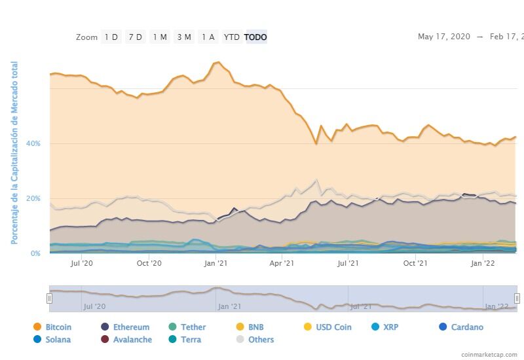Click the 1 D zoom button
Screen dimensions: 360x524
tap(111, 37)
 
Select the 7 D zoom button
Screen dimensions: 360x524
tap(135, 37)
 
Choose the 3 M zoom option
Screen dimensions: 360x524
tap(184, 37)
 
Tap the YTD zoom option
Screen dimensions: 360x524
tap(231, 37)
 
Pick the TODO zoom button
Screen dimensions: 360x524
tap(255, 37)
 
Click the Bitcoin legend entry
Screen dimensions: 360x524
tap(58, 327)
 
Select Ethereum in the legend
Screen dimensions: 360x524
tap(130, 327)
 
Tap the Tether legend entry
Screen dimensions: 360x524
tap(193, 327)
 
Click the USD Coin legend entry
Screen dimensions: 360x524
tap(333, 327)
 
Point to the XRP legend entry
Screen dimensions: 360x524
tap(390, 327)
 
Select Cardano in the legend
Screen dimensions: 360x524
tap(466, 327)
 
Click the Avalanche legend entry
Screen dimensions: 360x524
tap(132, 340)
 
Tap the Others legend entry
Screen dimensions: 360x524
tap(260, 340)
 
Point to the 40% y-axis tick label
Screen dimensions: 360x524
tap(33, 143)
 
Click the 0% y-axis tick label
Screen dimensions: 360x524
tap(35, 253)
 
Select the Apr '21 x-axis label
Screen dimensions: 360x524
tap(281, 264)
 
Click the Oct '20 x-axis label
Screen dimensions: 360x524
tap(149, 264)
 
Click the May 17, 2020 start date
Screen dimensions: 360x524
tap(443, 37)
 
